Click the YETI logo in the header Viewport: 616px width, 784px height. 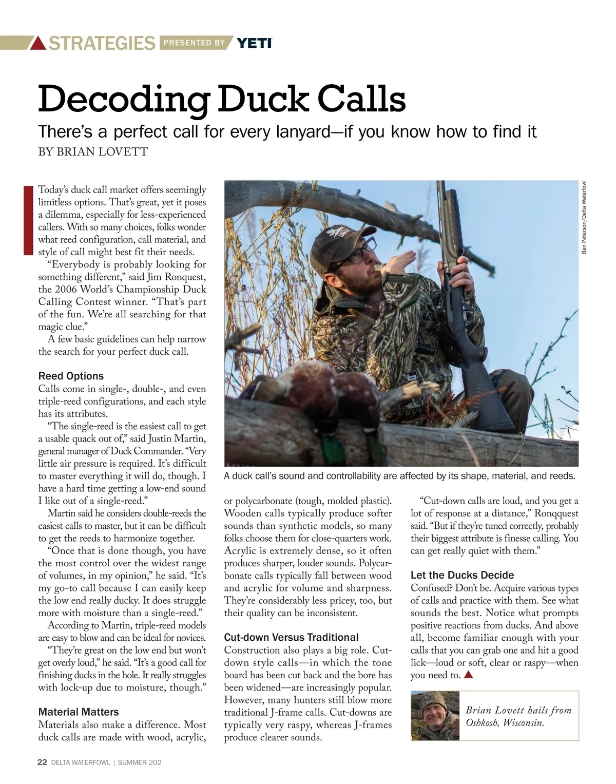254,43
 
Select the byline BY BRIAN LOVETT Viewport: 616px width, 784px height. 93,151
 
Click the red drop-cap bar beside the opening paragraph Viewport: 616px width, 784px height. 28,219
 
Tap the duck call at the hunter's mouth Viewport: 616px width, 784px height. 378,267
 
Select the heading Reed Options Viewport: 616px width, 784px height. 71,376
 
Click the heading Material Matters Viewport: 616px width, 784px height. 79,712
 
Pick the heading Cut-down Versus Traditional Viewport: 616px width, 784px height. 291,638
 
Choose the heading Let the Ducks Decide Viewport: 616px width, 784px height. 462,575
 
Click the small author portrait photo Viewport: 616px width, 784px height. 435,716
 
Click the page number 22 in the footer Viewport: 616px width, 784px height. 43,762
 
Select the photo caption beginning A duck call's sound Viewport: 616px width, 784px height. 399,476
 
